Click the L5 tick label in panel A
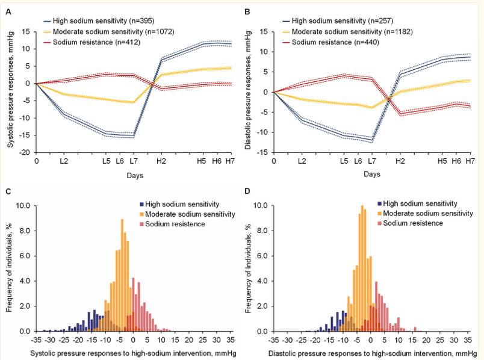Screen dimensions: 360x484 coord(106,161)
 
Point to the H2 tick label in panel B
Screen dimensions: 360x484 coord(400,161)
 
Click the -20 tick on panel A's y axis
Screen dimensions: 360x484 coord(27,152)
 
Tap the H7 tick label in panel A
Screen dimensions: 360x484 coord(230,161)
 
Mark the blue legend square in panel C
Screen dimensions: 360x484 coord(141,204)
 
